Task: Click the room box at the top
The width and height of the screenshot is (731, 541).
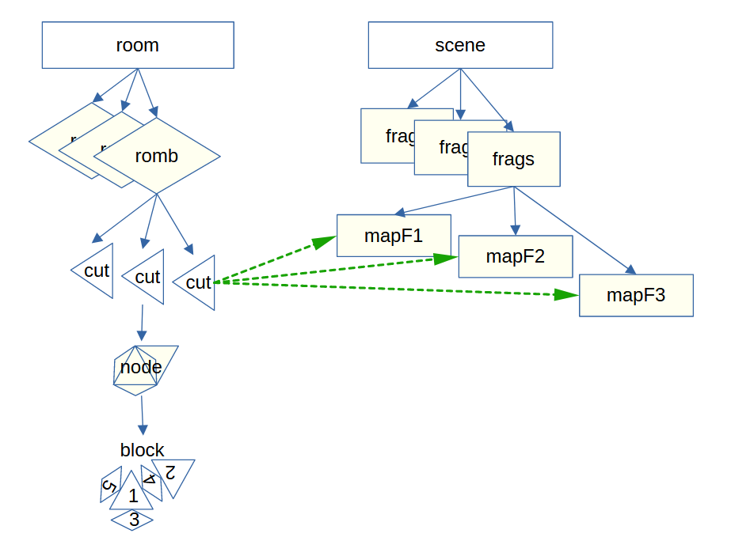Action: pyautogui.click(x=138, y=45)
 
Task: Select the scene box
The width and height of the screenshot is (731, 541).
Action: pyautogui.click(x=460, y=45)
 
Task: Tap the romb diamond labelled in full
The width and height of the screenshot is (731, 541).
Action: pyautogui.click(x=157, y=156)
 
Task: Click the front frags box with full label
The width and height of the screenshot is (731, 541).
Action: pyautogui.click(x=514, y=159)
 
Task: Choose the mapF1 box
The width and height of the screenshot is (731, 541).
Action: pyautogui.click(x=394, y=236)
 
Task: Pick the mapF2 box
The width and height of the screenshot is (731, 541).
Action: pyautogui.click(x=516, y=256)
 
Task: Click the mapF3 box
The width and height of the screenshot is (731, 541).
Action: pyautogui.click(x=636, y=296)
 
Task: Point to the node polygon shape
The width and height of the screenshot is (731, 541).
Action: pyautogui.click(x=141, y=368)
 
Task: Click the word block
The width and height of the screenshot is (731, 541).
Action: pyautogui.click(x=143, y=450)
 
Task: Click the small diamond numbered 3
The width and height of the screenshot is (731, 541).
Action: pyautogui.click(x=133, y=520)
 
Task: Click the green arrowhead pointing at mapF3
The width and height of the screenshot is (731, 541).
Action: pyautogui.click(x=565, y=294)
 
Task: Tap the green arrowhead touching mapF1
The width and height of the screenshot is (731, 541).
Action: pyautogui.click(x=325, y=241)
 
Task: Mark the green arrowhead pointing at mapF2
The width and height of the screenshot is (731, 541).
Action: pyautogui.click(x=446, y=258)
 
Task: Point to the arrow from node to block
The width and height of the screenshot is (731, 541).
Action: pyautogui.click(x=142, y=414)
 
